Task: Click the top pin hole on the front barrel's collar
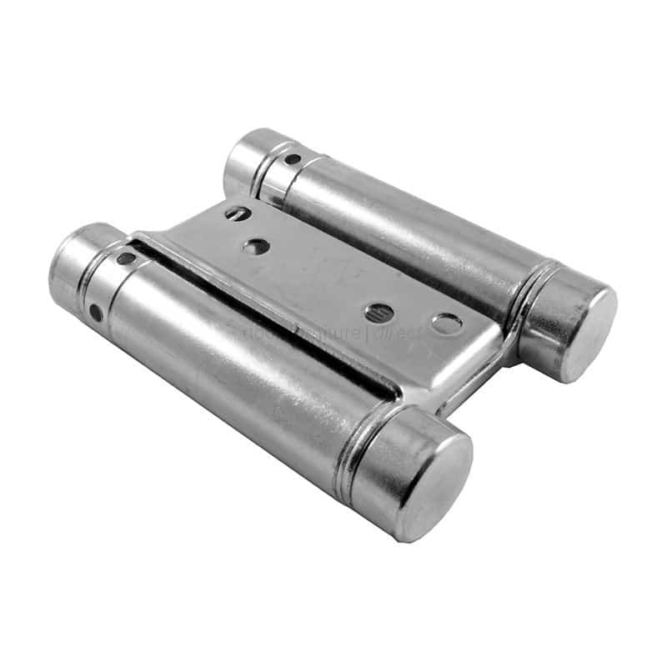[126, 258]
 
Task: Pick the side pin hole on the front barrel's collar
[98, 314]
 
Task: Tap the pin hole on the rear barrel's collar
[293, 158]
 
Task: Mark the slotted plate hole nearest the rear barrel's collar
[237, 213]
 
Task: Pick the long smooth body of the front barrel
[233, 367]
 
